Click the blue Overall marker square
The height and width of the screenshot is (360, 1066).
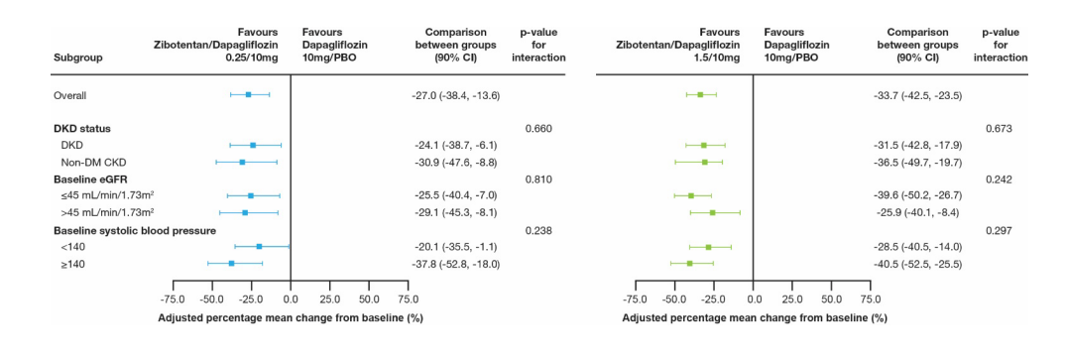point(248,95)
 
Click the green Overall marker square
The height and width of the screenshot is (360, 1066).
point(700,95)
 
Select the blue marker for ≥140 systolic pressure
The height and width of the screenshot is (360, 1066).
point(231,264)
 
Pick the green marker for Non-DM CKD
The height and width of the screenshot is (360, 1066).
point(705,162)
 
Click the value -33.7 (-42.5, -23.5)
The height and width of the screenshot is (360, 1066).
point(909,95)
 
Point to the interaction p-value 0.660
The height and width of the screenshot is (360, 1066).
point(538,128)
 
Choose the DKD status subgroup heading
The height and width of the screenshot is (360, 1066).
point(81,128)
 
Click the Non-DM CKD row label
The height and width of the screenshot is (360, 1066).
point(90,162)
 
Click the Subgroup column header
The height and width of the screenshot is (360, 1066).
point(78,58)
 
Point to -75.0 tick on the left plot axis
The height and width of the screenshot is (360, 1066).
point(173,298)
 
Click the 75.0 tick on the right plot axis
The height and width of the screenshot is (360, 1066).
point(870,298)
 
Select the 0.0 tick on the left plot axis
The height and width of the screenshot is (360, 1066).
point(290,298)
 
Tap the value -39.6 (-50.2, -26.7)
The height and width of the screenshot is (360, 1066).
point(909,196)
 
